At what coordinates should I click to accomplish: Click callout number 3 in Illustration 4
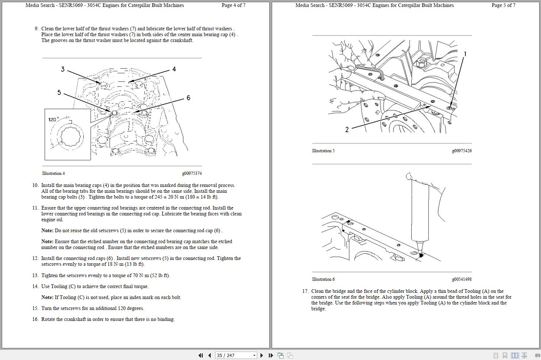coord(62,69)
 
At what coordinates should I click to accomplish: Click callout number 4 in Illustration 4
coord(174,69)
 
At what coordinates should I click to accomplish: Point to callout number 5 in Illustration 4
coord(59,92)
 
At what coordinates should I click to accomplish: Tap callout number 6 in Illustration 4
coord(188,98)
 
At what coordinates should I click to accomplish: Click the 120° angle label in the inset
coord(53,119)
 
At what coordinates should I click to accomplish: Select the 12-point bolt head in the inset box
coord(72,137)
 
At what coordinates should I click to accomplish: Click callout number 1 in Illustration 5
coord(465,54)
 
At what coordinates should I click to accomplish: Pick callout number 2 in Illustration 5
coord(347,129)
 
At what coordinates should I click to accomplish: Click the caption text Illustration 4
coord(53,173)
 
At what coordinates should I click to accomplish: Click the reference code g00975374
coord(192,173)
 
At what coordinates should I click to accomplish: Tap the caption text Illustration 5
coord(323,151)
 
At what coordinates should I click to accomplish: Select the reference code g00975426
coord(461,151)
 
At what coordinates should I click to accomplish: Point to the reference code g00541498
coord(461,279)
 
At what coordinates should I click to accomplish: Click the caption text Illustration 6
coord(323,279)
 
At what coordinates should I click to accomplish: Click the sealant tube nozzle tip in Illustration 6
coord(420,254)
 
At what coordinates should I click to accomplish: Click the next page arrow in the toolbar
coord(262,355)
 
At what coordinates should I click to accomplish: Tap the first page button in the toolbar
coord(200,355)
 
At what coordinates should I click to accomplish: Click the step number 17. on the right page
coord(305,291)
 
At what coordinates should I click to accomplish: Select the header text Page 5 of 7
coord(503,5)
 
